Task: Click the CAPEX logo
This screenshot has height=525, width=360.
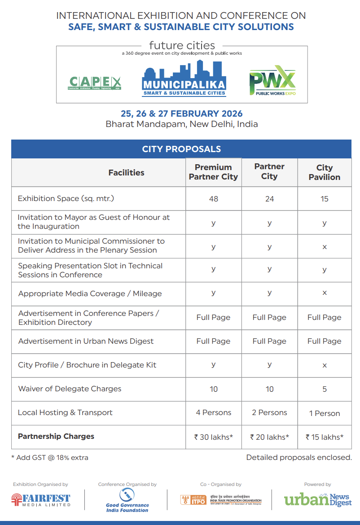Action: point(95,83)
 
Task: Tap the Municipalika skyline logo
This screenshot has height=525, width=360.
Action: point(184,79)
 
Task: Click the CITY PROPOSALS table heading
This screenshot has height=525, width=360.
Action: point(181,149)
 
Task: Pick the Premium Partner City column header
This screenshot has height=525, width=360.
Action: point(213,172)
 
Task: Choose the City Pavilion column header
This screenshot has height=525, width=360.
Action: point(324,172)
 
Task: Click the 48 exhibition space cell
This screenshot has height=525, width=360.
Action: point(214,198)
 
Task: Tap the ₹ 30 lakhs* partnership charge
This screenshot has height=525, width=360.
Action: point(214,437)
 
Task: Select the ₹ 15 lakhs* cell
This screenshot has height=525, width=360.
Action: point(325,437)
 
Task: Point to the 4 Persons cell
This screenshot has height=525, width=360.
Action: point(214,412)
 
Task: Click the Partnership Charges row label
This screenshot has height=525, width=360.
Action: point(56,436)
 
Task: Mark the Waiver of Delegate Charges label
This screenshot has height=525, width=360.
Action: point(70,389)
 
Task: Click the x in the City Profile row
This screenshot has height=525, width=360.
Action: point(325,365)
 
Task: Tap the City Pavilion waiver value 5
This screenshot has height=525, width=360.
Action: point(325,389)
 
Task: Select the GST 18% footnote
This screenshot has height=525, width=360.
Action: point(50,458)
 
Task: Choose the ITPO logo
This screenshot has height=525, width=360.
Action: point(221,500)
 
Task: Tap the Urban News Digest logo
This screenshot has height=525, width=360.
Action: point(317,499)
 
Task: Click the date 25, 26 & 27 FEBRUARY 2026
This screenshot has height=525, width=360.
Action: point(181,114)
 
